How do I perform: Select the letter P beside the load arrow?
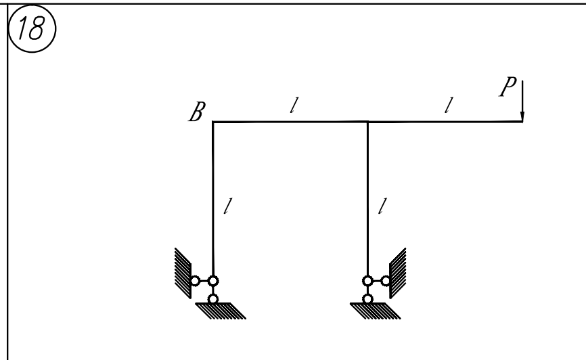505,89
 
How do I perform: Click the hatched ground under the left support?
221,310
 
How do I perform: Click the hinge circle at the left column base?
213,281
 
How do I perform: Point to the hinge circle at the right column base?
367,281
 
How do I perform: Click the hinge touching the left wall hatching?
194,281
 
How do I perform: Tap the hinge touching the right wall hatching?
386,281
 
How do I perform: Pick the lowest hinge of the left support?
213,298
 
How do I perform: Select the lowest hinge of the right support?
367,298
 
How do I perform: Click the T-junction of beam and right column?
367,122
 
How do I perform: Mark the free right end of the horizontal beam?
522,122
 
